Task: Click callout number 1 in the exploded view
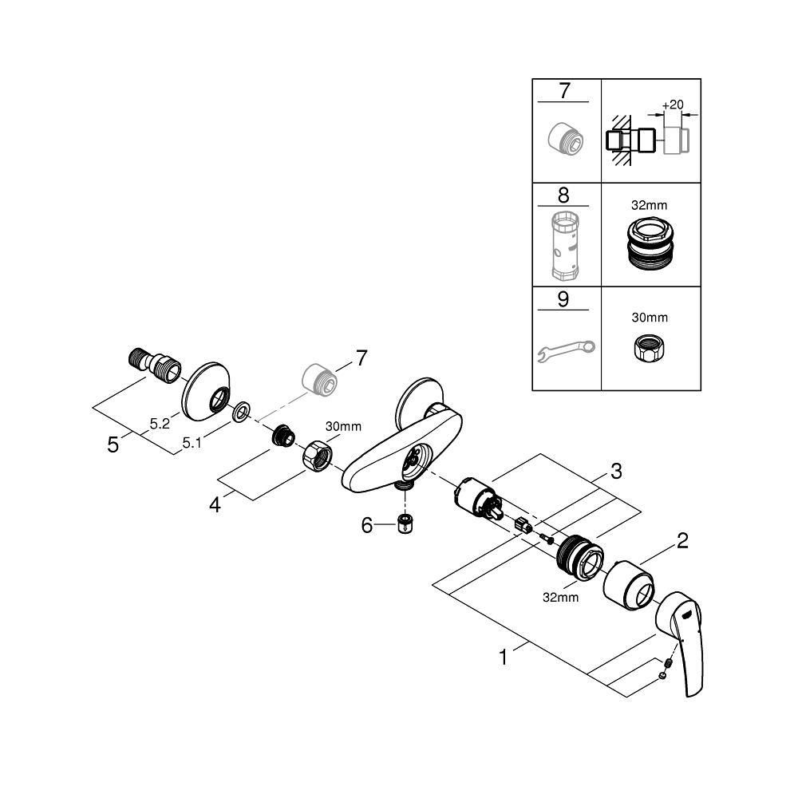pyautogui.click(x=504, y=658)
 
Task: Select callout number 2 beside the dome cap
pyautogui.click(x=682, y=542)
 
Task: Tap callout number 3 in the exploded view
pyautogui.click(x=615, y=472)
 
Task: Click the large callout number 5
pyautogui.click(x=113, y=444)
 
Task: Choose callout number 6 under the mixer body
pyautogui.click(x=368, y=526)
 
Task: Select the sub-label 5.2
pyautogui.click(x=160, y=425)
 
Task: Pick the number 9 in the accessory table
pyautogui.click(x=565, y=299)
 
